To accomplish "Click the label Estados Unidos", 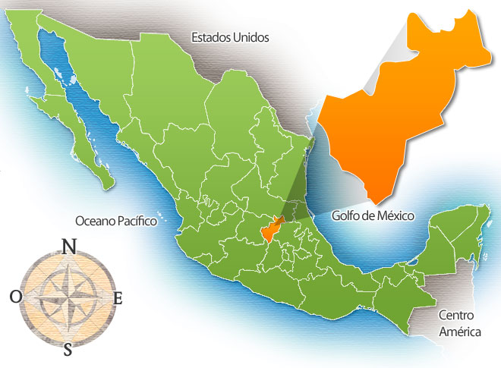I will click(x=230, y=36).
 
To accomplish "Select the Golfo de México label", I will click(x=373, y=215).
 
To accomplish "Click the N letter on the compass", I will click(x=68, y=246).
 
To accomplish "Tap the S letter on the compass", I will click(x=68, y=349).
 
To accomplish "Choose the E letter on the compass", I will click(x=118, y=297).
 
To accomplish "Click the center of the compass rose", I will click(x=67, y=297).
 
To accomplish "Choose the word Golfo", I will click(x=347, y=215).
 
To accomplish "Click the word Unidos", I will click(x=252, y=36).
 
